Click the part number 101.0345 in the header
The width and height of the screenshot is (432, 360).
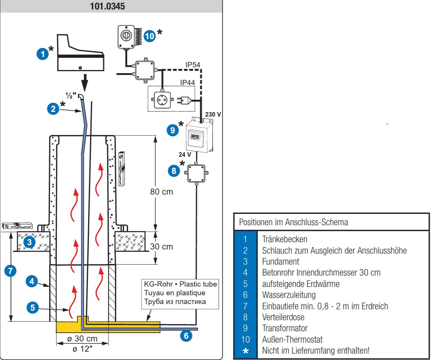[108, 6]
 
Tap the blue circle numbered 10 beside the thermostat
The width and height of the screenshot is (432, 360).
[150, 36]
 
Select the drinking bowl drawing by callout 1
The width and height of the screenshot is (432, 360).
[80, 53]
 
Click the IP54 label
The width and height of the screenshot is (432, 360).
[193, 65]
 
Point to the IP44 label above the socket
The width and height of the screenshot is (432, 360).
[187, 83]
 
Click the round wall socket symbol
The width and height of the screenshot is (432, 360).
[162, 100]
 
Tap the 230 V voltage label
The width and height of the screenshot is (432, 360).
[213, 114]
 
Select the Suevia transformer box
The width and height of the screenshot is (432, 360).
[199, 135]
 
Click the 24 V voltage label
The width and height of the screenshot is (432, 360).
[185, 154]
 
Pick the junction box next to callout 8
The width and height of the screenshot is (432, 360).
[197, 173]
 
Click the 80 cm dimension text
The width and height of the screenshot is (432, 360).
[161, 192]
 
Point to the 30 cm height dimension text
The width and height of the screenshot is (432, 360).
[161, 246]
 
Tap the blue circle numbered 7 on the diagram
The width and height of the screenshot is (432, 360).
[11, 271]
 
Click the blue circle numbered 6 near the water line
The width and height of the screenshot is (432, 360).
[186, 335]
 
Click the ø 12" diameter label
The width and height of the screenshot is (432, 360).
[83, 349]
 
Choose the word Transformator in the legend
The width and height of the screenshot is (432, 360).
[285, 328]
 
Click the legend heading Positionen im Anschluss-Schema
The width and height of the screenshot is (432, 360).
[293, 222]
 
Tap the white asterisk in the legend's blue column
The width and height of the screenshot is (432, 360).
[245, 351]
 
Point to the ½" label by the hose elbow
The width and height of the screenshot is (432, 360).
[71, 95]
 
